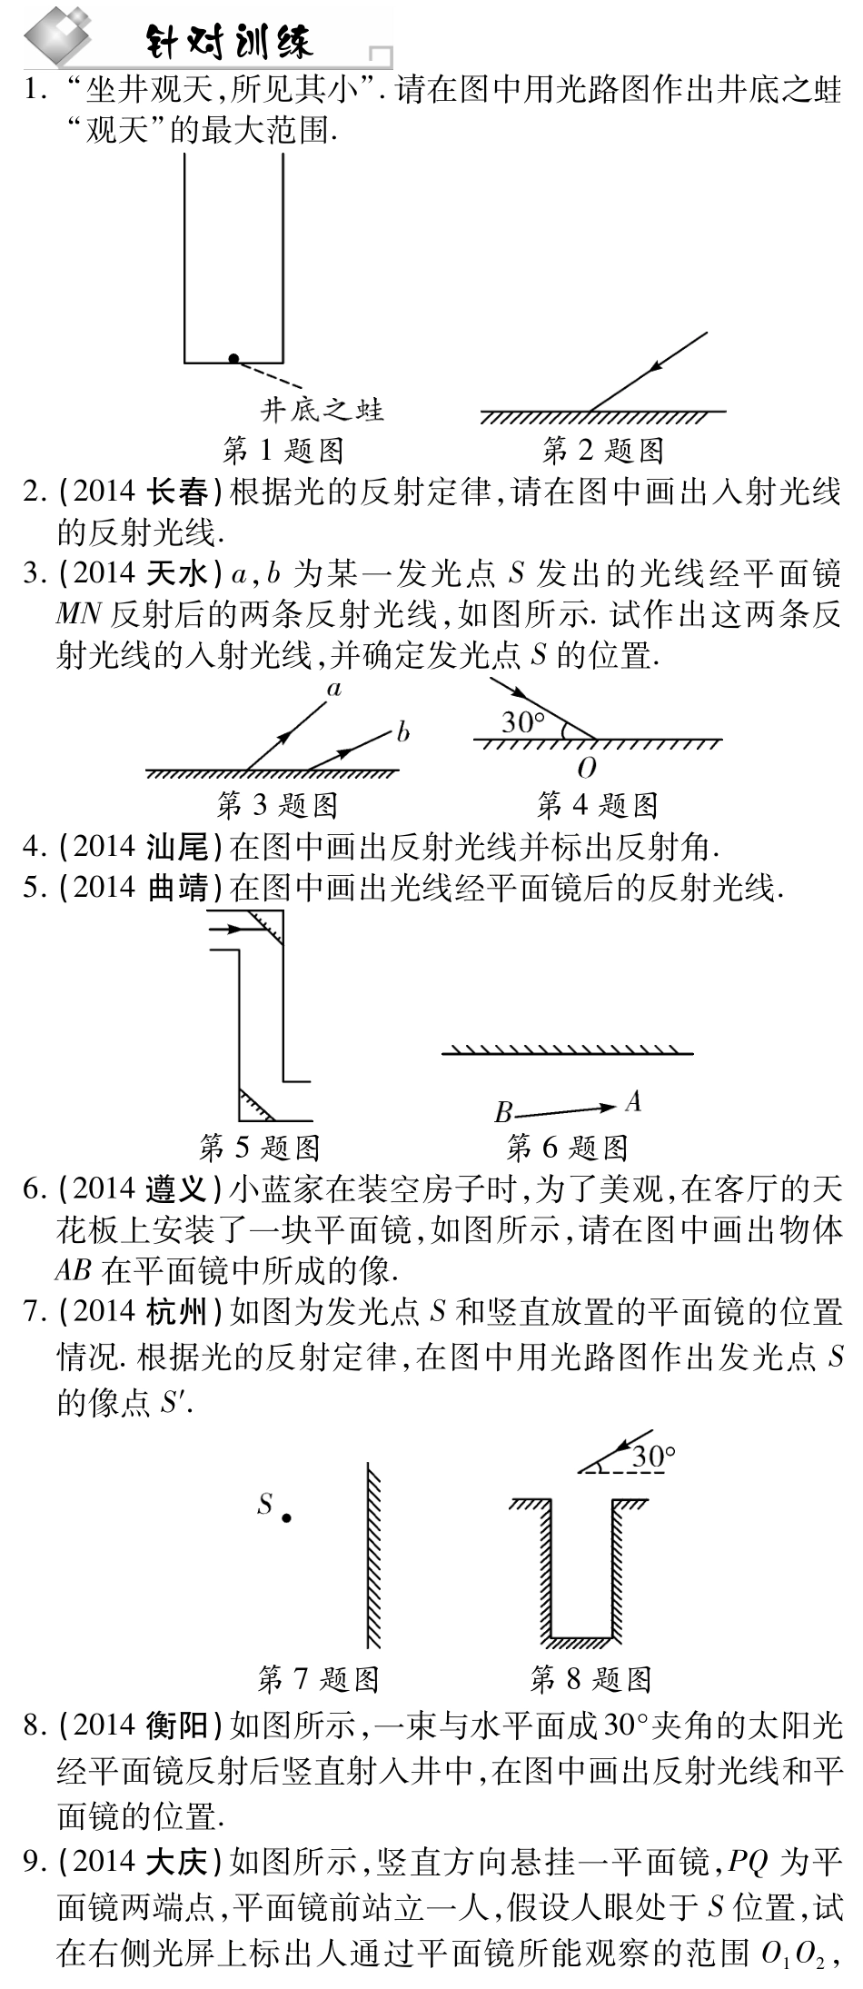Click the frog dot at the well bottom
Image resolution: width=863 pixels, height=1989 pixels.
[x=233, y=359]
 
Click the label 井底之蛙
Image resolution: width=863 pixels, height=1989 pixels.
[x=322, y=410]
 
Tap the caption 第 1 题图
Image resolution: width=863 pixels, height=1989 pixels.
[x=283, y=449]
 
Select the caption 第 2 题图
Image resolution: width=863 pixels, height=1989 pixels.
[x=602, y=449]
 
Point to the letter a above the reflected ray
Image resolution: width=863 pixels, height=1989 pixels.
[x=334, y=689]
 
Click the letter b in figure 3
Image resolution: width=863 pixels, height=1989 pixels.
[x=403, y=731]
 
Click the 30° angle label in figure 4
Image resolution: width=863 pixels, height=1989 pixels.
[x=523, y=722]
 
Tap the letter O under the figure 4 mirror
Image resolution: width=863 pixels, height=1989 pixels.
[x=587, y=769]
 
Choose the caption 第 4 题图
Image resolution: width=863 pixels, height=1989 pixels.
[x=597, y=804]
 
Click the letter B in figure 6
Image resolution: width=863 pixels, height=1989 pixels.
[x=503, y=1113]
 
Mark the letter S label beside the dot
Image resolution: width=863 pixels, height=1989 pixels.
[x=264, y=1504]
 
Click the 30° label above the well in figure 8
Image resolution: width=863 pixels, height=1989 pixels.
[x=654, y=1457]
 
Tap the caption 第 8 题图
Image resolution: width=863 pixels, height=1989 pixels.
[x=591, y=1679]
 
